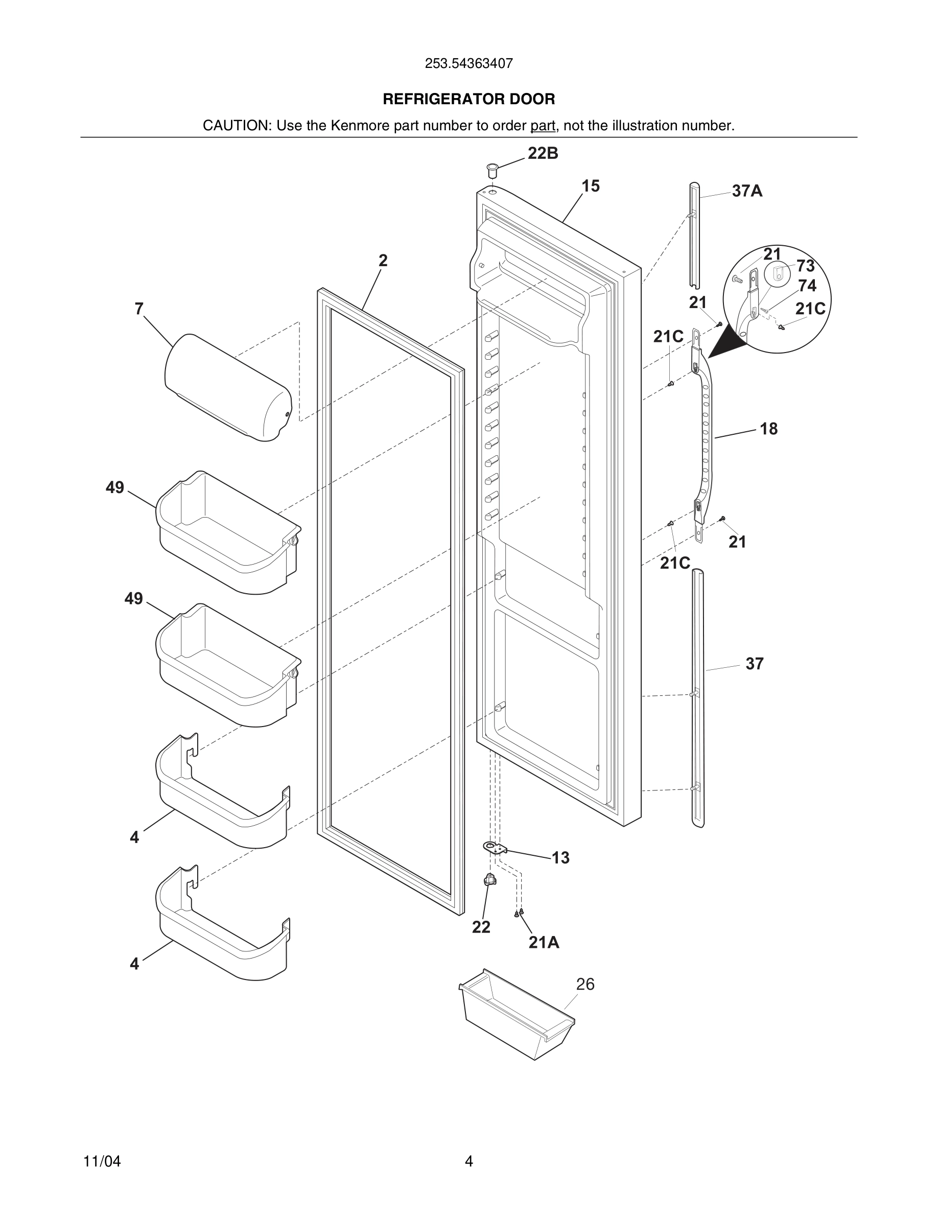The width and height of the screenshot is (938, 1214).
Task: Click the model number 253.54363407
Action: (x=468, y=63)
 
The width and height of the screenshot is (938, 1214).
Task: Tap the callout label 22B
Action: (x=543, y=153)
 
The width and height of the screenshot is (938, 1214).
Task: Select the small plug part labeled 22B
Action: (x=492, y=169)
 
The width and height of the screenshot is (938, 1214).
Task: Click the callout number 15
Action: (x=590, y=186)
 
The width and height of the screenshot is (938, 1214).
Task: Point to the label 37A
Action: (x=747, y=191)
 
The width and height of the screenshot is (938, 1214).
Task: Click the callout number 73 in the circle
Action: (x=805, y=266)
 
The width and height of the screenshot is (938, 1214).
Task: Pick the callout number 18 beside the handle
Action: (x=768, y=429)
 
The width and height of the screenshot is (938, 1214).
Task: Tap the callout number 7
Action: (x=139, y=309)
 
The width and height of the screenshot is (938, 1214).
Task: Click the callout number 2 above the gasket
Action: (x=383, y=260)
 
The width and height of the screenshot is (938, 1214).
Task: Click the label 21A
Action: (x=544, y=942)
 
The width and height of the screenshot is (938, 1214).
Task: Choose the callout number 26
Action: (x=585, y=985)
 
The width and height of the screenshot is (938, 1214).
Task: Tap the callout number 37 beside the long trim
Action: (x=754, y=664)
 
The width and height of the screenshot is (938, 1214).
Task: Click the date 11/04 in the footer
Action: (x=102, y=1161)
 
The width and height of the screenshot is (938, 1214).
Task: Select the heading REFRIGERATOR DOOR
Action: (x=468, y=100)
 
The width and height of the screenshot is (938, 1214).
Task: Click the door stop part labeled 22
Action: (x=489, y=879)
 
